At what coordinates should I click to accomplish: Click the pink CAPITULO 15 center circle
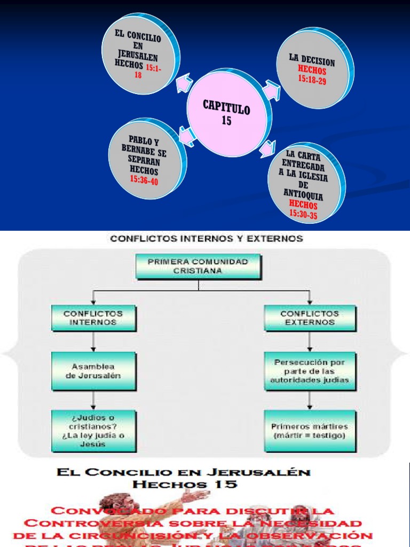click(226, 113)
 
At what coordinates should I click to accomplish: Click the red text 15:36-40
click(143, 181)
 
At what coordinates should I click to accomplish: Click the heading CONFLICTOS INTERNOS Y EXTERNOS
click(206, 239)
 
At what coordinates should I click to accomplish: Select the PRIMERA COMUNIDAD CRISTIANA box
click(198, 267)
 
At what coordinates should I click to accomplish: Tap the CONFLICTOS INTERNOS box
click(93, 318)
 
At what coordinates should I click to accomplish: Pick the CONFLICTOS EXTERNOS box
click(310, 318)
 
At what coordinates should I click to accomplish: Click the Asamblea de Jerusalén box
click(93, 371)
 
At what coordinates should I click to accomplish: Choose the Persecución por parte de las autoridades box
click(310, 371)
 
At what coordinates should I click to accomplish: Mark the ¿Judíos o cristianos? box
click(93, 431)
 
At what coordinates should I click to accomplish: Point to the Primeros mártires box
click(310, 431)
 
